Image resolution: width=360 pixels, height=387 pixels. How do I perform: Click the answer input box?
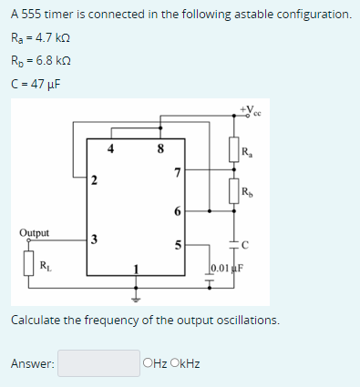pos(100,363)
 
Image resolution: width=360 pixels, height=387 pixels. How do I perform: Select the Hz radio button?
pos(148,364)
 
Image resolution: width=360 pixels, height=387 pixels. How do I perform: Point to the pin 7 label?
pos(177,173)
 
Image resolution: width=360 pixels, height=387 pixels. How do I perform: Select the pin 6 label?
pos(177,211)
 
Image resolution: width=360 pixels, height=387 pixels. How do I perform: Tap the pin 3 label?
pos(93,239)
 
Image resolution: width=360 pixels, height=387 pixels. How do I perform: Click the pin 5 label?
pos(177,245)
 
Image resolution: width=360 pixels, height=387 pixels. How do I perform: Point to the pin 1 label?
pos(137,267)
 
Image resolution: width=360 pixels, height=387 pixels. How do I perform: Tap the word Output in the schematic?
pos(34,232)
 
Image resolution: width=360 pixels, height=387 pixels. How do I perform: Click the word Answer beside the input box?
pos(32,364)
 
